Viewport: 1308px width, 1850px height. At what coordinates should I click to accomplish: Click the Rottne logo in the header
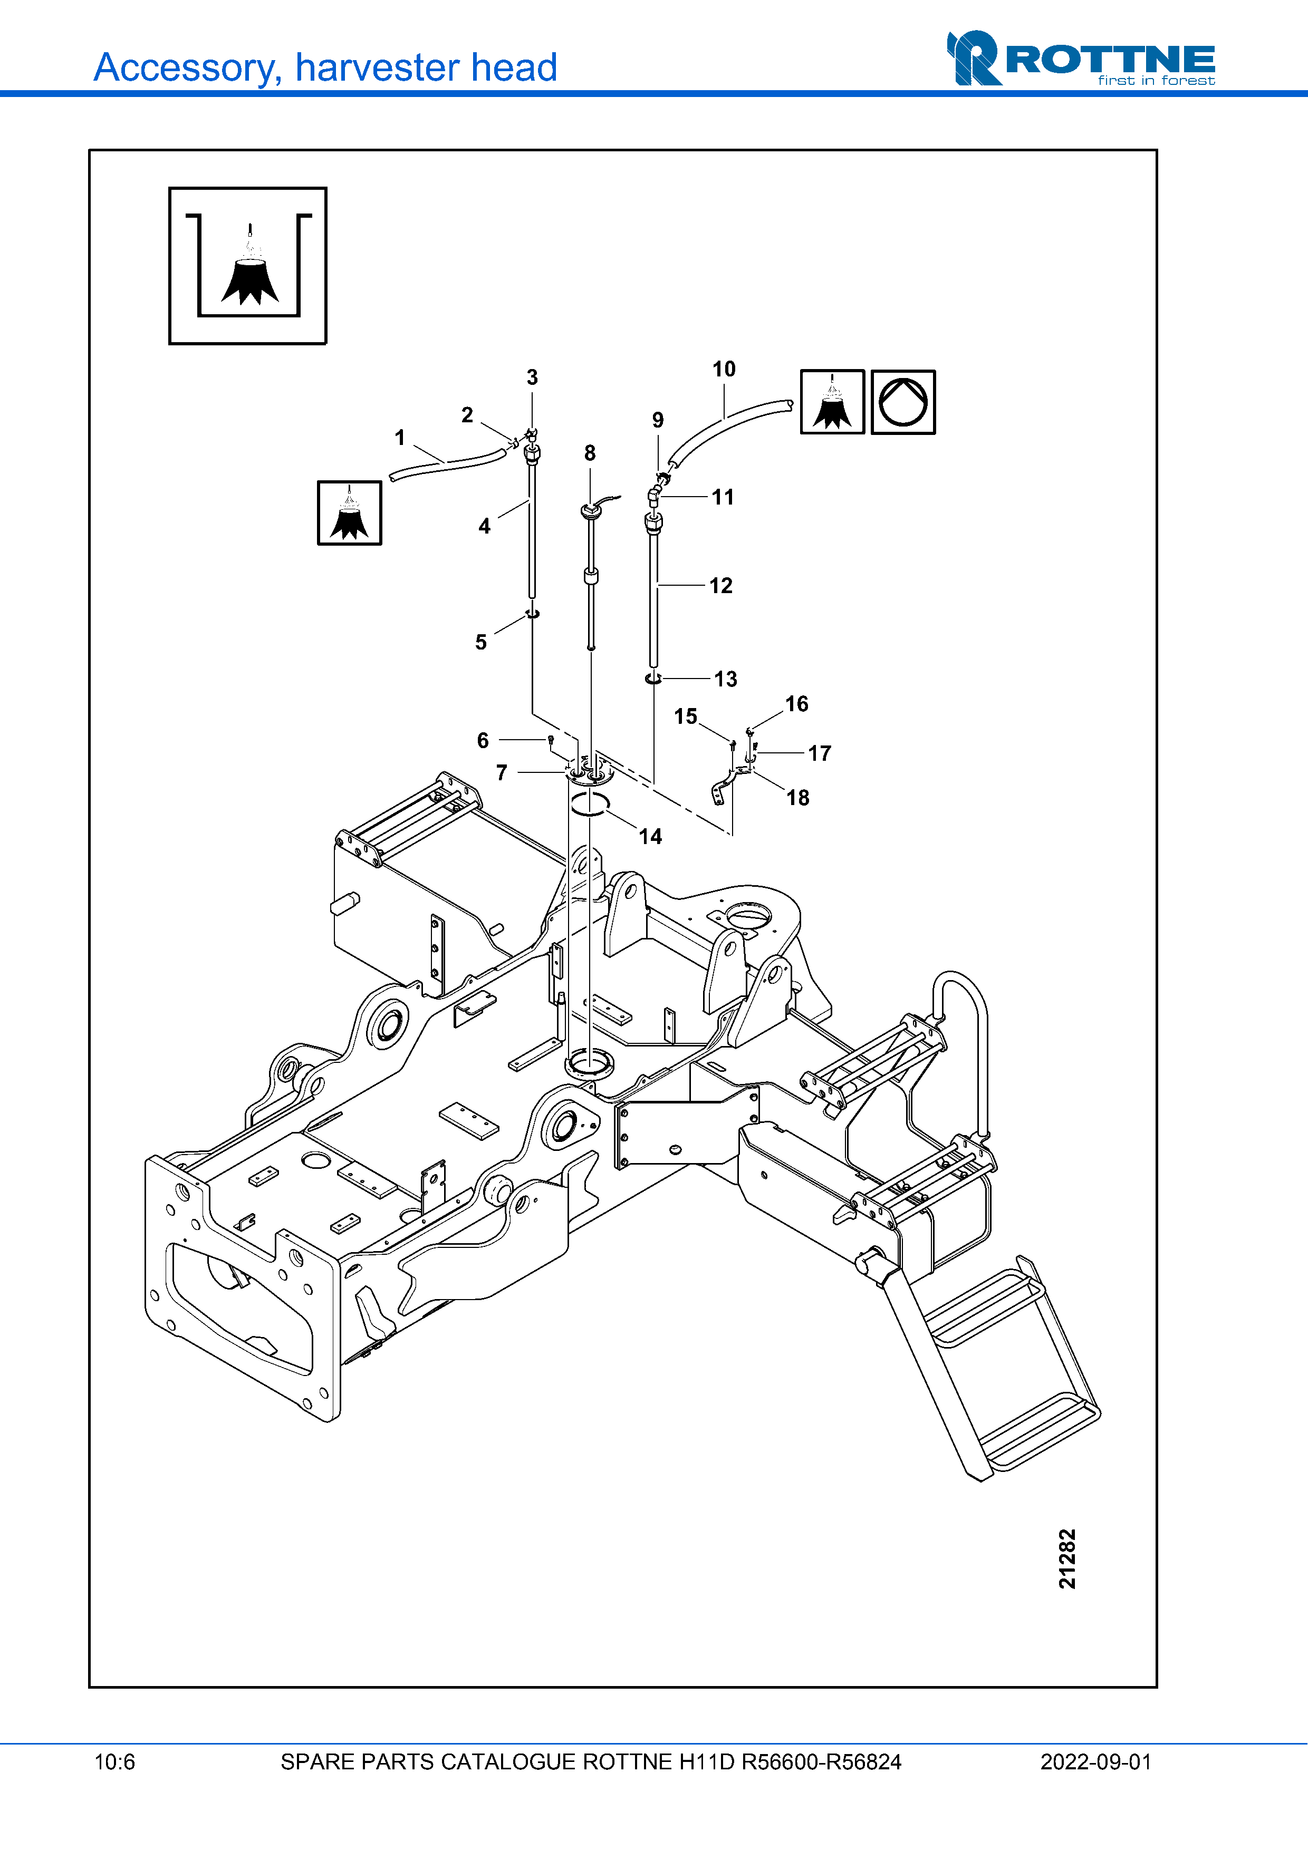[x=1081, y=58]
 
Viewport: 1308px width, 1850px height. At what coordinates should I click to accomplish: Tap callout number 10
[x=724, y=369]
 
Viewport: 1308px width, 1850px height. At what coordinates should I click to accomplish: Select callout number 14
[x=650, y=836]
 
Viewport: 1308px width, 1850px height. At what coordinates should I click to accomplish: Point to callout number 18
[x=798, y=798]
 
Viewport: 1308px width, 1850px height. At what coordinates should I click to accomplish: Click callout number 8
[x=590, y=453]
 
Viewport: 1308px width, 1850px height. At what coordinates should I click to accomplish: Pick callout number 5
[x=481, y=642]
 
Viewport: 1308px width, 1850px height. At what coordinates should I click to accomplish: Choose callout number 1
[x=400, y=438]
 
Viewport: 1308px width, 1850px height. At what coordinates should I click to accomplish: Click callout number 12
[x=720, y=586]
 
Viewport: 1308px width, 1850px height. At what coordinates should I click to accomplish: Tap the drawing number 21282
[x=1067, y=1559]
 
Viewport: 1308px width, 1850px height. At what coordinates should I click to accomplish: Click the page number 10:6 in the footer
[x=114, y=1762]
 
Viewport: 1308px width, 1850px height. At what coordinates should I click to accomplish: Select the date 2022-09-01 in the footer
[x=1095, y=1762]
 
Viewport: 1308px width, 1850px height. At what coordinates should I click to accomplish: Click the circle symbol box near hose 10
[x=903, y=402]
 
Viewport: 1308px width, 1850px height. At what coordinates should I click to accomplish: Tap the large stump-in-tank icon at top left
[x=247, y=266]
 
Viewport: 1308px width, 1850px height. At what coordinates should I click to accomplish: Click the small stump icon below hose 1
[x=349, y=514]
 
